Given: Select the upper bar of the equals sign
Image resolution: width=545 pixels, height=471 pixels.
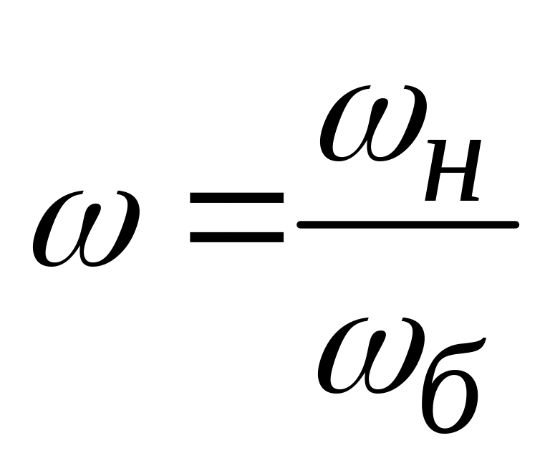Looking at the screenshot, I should pos(236,197).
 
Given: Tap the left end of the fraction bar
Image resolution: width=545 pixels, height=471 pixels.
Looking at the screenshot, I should pos(301,226).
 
